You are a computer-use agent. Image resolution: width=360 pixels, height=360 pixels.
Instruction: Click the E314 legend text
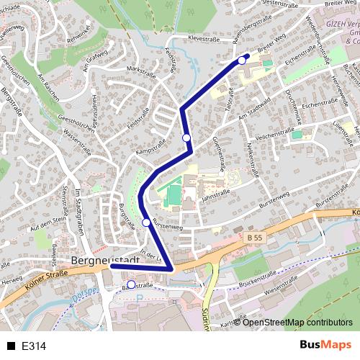[x=35, y=346]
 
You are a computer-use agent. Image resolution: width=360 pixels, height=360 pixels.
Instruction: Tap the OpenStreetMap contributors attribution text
[x=297, y=322]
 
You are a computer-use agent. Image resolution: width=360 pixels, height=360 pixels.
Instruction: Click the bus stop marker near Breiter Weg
[x=242, y=60]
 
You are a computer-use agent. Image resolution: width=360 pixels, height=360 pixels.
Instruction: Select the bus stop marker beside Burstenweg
[x=146, y=222]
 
